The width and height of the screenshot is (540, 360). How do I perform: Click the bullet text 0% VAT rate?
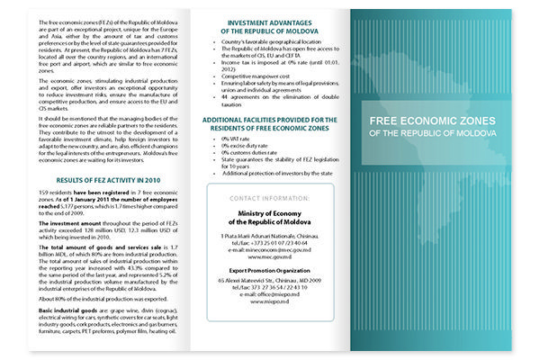click(236, 166)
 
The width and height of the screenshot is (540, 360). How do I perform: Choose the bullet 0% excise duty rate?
click(244, 174)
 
